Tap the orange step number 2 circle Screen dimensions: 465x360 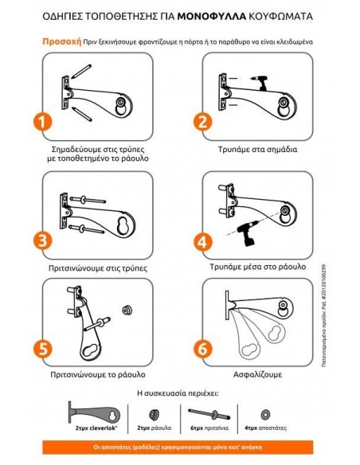point(203,122)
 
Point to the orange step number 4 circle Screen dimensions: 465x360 point(203,242)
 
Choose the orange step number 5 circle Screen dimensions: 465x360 point(45,350)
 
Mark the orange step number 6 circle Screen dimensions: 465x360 point(203,350)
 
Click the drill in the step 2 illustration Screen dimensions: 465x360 point(257,80)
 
